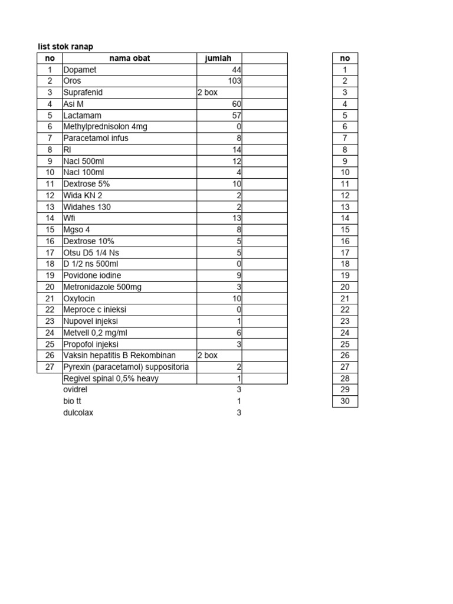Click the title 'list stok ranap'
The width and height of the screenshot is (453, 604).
pyautogui.click(x=65, y=47)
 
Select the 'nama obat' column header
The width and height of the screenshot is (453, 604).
pyautogui.click(x=130, y=58)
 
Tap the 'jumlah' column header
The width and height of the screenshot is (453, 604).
pyautogui.click(x=218, y=58)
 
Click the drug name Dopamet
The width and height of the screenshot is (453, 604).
pyautogui.click(x=80, y=70)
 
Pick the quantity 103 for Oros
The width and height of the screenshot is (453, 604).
pyautogui.click(x=235, y=81)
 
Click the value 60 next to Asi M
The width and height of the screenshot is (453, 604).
pyautogui.click(x=237, y=104)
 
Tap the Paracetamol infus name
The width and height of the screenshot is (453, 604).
pyautogui.click(x=96, y=138)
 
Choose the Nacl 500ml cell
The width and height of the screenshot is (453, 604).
pyautogui.click(x=83, y=161)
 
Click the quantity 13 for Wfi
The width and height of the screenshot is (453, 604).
pyautogui.click(x=237, y=218)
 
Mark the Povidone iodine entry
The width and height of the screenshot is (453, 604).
pyautogui.click(x=92, y=275)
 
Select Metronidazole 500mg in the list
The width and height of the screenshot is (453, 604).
pyautogui.click(x=102, y=287)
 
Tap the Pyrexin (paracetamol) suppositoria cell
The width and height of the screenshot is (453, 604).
pyautogui.click(x=126, y=367)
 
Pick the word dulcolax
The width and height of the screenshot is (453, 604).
pyautogui.click(x=78, y=413)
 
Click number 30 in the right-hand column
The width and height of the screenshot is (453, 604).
pyautogui.click(x=345, y=402)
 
